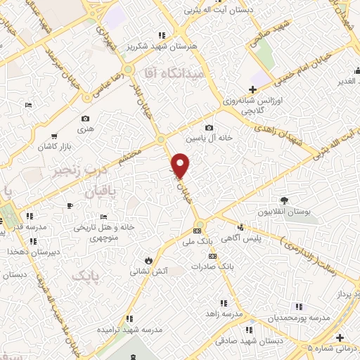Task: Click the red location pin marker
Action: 181,165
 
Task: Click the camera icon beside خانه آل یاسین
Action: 209,127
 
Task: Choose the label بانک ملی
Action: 198,241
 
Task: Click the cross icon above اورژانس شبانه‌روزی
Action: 252,89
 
